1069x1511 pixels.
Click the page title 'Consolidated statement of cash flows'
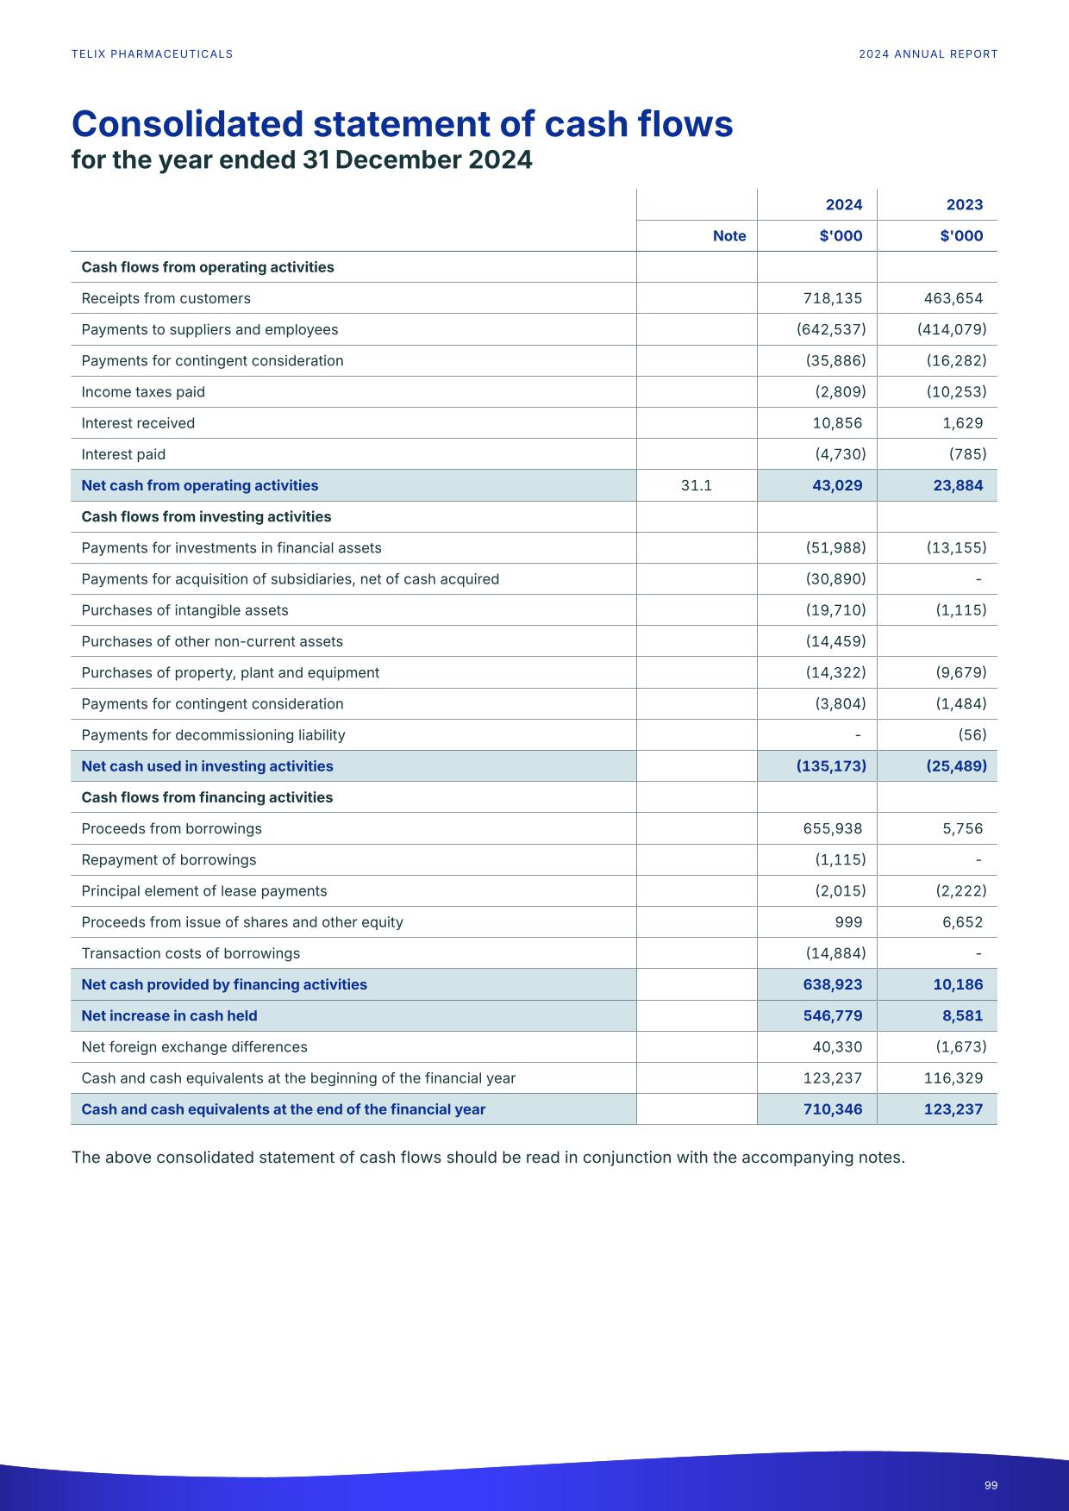402,124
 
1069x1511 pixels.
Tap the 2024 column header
843,204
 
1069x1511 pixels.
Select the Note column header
728,236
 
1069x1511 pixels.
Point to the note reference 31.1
696,485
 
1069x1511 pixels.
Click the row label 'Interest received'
138,423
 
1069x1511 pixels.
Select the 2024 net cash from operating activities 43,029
836,485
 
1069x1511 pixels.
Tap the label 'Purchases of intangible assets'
184,610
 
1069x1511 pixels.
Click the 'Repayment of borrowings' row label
168,860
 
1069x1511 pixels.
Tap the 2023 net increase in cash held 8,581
962,1015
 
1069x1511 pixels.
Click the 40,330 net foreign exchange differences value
836,1047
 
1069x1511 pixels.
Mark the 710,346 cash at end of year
832,1109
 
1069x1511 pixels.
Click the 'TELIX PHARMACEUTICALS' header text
152,54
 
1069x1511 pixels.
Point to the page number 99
991,1485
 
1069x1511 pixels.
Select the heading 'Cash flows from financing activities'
207,797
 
